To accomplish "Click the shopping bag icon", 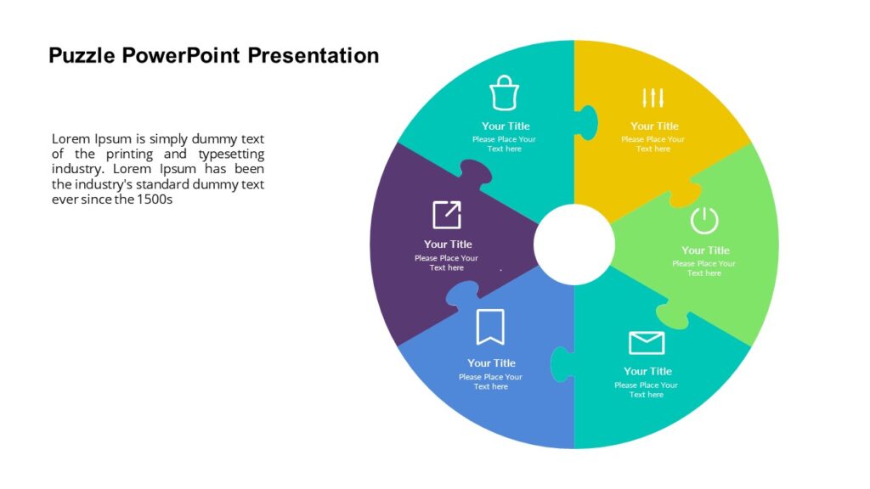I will (x=504, y=93).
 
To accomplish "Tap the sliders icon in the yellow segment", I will (x=652, y=98).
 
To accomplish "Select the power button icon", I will (x=704, y=220).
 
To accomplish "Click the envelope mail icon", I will (x=647, y=342).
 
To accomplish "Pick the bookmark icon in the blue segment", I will (x=490, y=327).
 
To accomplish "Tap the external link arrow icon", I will (x=447, y=215).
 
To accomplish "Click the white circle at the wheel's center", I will (x=574, y=244).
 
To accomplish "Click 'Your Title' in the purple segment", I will (x=448, y=244).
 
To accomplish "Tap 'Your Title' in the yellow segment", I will (x=654, y=126).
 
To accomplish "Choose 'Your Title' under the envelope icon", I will (x=647, y=371).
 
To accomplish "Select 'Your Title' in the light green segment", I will (x=705, y=250).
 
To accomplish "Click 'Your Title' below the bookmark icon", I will (x=491, y=363).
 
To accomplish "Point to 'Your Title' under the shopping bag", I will (x=506, y=126).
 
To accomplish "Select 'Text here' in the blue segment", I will (x=491, y=387).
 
